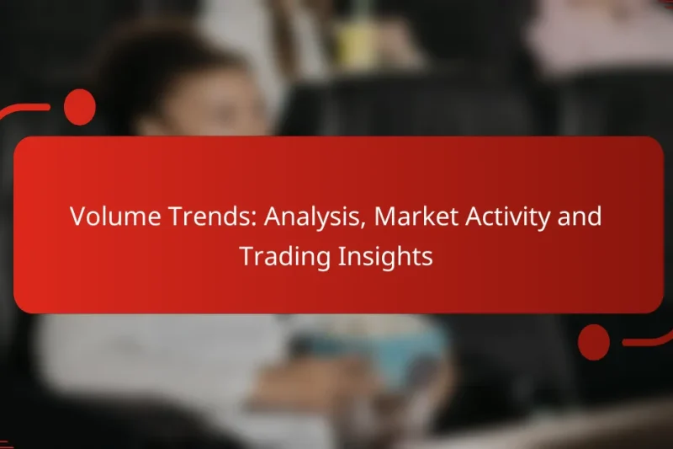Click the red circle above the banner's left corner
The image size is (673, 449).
pyautogui.click(x=80, y=107)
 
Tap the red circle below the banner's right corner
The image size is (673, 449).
pyautogui.click(x=594, y=341)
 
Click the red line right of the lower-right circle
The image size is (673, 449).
pyautogui.click(x=648, y=340)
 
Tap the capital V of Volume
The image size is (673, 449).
pyautogui.click(x=77, y=217)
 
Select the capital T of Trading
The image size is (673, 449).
pyautogui.click(x=246, y=257)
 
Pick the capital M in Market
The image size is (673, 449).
pyautogui.click(x=385, y=217)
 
